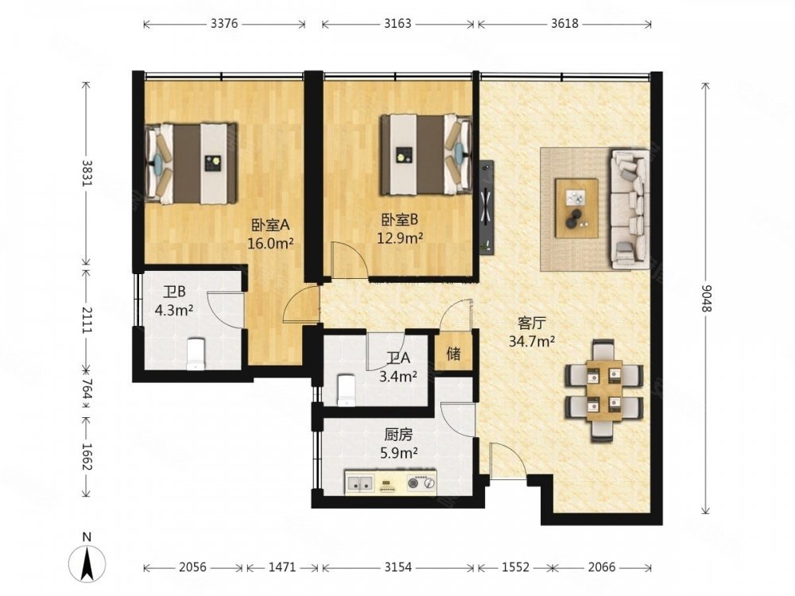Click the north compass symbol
[87, 562]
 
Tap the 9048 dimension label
[707, 299]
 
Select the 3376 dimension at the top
[224, 23]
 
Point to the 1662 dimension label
[87, 457]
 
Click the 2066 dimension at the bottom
[602, 567]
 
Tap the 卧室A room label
[270, 223]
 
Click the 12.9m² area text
[400, 237]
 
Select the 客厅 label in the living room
[531, 323]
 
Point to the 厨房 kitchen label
[398, 435]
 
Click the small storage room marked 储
[454, 353]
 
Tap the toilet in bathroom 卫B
[196, 354]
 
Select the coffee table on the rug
[576, 207]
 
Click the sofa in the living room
[630, 208]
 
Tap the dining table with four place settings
[603, 389]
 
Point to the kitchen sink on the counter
[359, 483]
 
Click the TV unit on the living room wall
[487, 206]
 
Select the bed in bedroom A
[191, 163]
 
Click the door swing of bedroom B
[350, 260]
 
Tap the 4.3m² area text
[173, 310]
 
